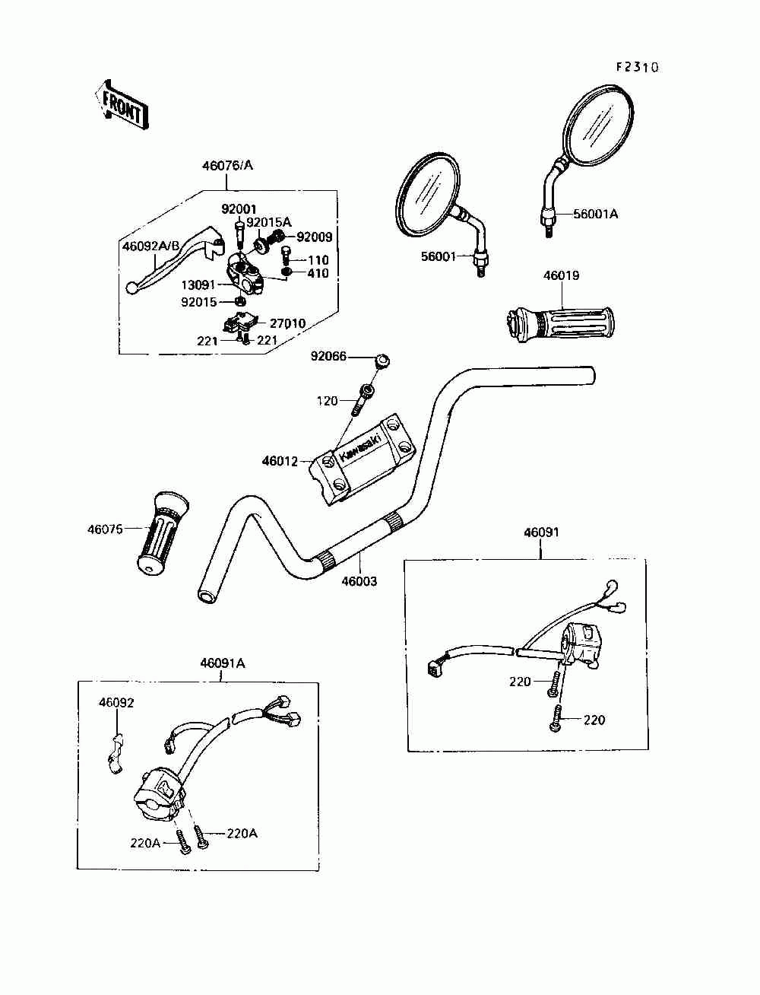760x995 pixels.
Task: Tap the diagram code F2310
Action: point(636,68)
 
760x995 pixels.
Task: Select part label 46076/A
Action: point(227,166)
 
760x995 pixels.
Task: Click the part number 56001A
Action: point(595,214)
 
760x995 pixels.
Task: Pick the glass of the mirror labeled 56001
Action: point(428,196)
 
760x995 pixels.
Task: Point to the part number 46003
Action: point(359,581)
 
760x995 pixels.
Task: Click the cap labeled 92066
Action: point(382,361)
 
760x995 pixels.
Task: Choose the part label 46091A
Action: point(223,663)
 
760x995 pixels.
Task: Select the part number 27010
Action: point(287,323)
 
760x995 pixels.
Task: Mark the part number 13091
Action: point(198,285)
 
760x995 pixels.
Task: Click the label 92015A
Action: point(269,223)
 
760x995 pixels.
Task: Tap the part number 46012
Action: point(280,462)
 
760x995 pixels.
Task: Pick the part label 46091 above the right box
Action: point(541,532)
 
